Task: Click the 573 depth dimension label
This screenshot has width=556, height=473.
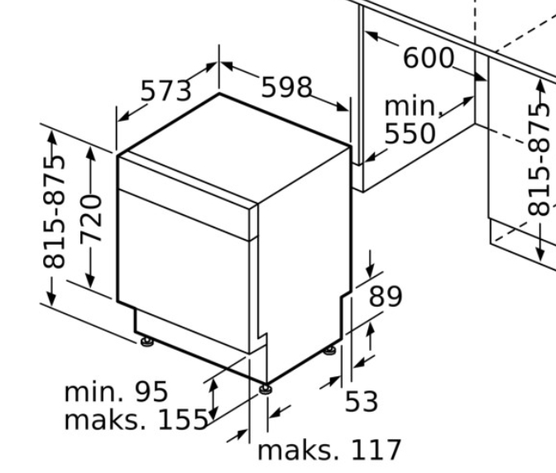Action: click(166, 91)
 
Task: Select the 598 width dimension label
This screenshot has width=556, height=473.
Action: click(287, 87)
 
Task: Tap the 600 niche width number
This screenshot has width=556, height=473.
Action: click(429, 58)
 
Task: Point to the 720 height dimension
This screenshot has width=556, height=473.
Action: click(91, 220)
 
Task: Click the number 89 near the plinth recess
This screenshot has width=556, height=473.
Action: click(386, 296)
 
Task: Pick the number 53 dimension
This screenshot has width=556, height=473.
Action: click(362, 401)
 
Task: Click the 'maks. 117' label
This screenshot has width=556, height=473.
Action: click(329, 450)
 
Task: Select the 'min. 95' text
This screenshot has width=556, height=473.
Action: click(116, 391)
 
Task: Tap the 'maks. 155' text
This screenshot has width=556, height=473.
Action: click(137, 419)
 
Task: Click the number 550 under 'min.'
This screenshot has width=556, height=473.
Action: click(410, 133)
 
